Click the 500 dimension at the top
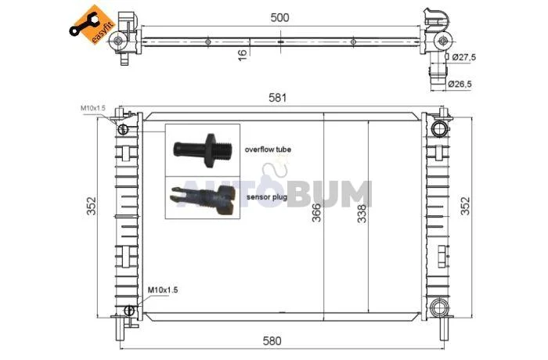click(x=280, y=17)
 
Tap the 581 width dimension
click(x=277, y=98)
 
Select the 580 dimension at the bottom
click(x=272, y=340)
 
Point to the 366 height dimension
click(x=316, y=212)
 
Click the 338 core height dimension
click(x=362, y=214)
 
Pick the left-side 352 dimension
click(x=92, y=206)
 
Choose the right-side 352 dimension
click(x=466, y=206)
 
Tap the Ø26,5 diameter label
click(x=460, y=84)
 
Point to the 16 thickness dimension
click(x=242, y=55)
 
